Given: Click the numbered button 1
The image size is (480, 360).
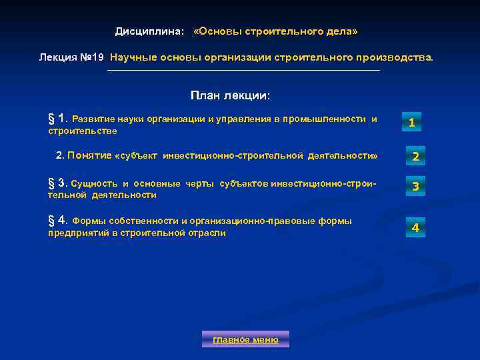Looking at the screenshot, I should coord(412,122).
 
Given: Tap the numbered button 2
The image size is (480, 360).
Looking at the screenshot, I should coord(415,157).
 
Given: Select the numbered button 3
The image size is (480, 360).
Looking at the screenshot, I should coord(415,187).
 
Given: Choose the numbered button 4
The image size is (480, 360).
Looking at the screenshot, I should coord(415,227).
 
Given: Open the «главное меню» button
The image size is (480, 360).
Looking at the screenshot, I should coord(245,339).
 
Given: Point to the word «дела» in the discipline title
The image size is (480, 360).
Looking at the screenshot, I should coord(341,32).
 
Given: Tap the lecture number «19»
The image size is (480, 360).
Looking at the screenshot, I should coord(97,57).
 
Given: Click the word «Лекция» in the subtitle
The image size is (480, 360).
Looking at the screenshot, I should coord(55,57).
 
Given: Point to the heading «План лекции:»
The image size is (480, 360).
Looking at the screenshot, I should coord(230,95).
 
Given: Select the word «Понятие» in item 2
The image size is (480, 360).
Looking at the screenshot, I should coord(89,155).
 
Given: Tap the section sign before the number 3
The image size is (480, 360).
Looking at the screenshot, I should coord(51,182).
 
